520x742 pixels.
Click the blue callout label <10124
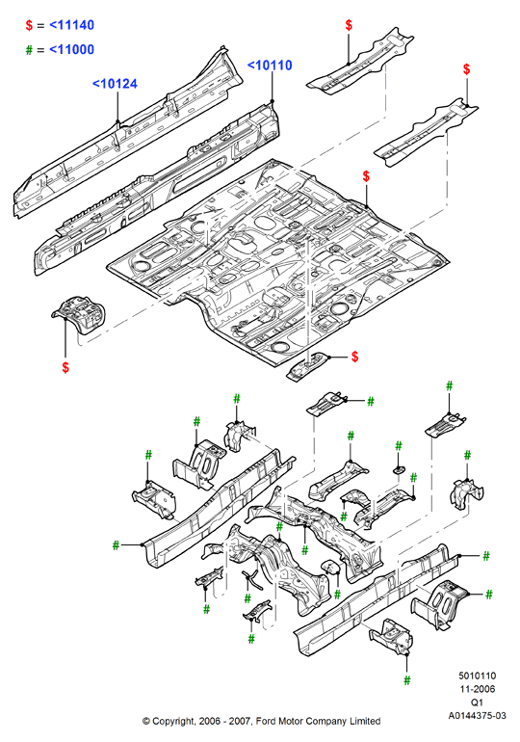click(115, 84)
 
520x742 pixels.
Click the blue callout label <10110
click(270, 66)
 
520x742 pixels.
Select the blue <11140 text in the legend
click(72, 25)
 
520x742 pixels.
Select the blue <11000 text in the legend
click(72, 49)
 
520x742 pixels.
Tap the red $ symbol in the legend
click(29, 25)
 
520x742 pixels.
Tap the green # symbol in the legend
click(29, 50)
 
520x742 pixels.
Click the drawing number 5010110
click(477, 676)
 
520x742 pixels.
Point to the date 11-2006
click(477, 689)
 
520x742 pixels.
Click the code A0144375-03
click(477, 715)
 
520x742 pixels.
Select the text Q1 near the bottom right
click(477, 702)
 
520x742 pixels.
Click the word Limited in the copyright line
click(365, 721)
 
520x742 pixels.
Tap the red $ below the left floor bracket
click(65, 367)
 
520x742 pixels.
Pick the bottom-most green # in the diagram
click(407, 680)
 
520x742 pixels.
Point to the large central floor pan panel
click(279, 263)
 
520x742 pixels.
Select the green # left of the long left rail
click(116, 545)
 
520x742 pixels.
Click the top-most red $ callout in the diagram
click(349, 25)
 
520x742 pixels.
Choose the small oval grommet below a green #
click(399, 469)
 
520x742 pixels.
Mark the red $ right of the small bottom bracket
click(355, 357)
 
